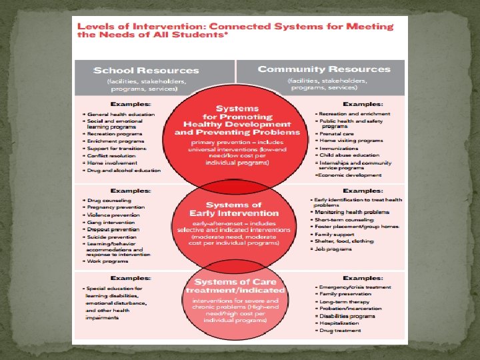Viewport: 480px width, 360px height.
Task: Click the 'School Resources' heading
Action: (x=147, y=71)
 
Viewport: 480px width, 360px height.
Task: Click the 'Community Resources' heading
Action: (x=324, y=69)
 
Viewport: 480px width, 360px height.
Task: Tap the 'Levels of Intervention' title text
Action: (x=235, y=31)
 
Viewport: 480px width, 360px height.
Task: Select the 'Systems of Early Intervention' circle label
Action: (x=233, y=209)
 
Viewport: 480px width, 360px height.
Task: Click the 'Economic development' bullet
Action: (x=351, y=175)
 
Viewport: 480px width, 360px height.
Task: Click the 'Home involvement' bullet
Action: (x=114, y=163)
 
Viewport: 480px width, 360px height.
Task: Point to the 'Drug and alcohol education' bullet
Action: (x=124, y=170)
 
